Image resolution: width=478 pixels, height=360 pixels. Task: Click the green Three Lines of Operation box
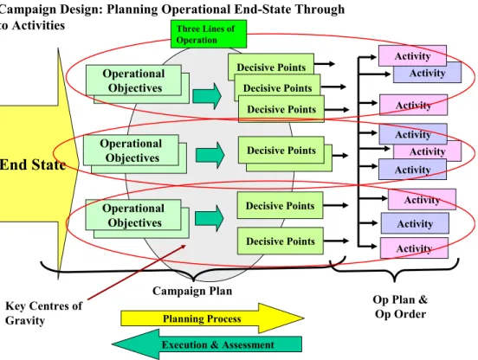point(209,34)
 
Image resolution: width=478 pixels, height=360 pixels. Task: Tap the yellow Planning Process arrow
point(212,318)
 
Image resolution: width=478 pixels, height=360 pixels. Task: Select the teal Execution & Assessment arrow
point(207,344)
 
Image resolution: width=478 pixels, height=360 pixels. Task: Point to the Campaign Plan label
point(192,291)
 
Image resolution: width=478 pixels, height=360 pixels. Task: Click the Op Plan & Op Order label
point(400,306)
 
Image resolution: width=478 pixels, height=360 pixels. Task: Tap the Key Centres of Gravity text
point(43,313)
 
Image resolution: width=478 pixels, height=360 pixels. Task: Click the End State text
point(33,164)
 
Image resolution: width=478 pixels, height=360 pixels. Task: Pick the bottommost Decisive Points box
point(281,241)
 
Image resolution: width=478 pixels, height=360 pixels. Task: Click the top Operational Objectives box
point(134,80)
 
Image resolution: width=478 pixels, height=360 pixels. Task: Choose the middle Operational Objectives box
point(131,151)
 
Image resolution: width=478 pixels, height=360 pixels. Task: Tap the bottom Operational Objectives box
point(133,215)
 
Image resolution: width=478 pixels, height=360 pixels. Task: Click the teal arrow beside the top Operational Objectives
point(207,96)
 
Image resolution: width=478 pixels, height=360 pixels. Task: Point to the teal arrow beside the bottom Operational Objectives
point(210,218)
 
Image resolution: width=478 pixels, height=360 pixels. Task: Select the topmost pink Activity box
point(412,55)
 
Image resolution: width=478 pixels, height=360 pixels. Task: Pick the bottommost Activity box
point(414,248)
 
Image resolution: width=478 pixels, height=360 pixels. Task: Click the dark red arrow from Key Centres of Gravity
point(137,272)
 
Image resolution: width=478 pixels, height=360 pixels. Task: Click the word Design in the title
point(81,10)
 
